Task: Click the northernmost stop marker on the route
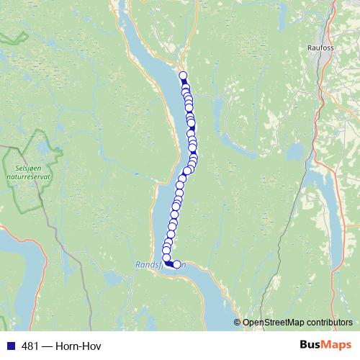point(183,76)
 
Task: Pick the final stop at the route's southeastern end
point(177,264)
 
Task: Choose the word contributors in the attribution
point(331,323)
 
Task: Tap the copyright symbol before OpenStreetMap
point(238,323)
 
